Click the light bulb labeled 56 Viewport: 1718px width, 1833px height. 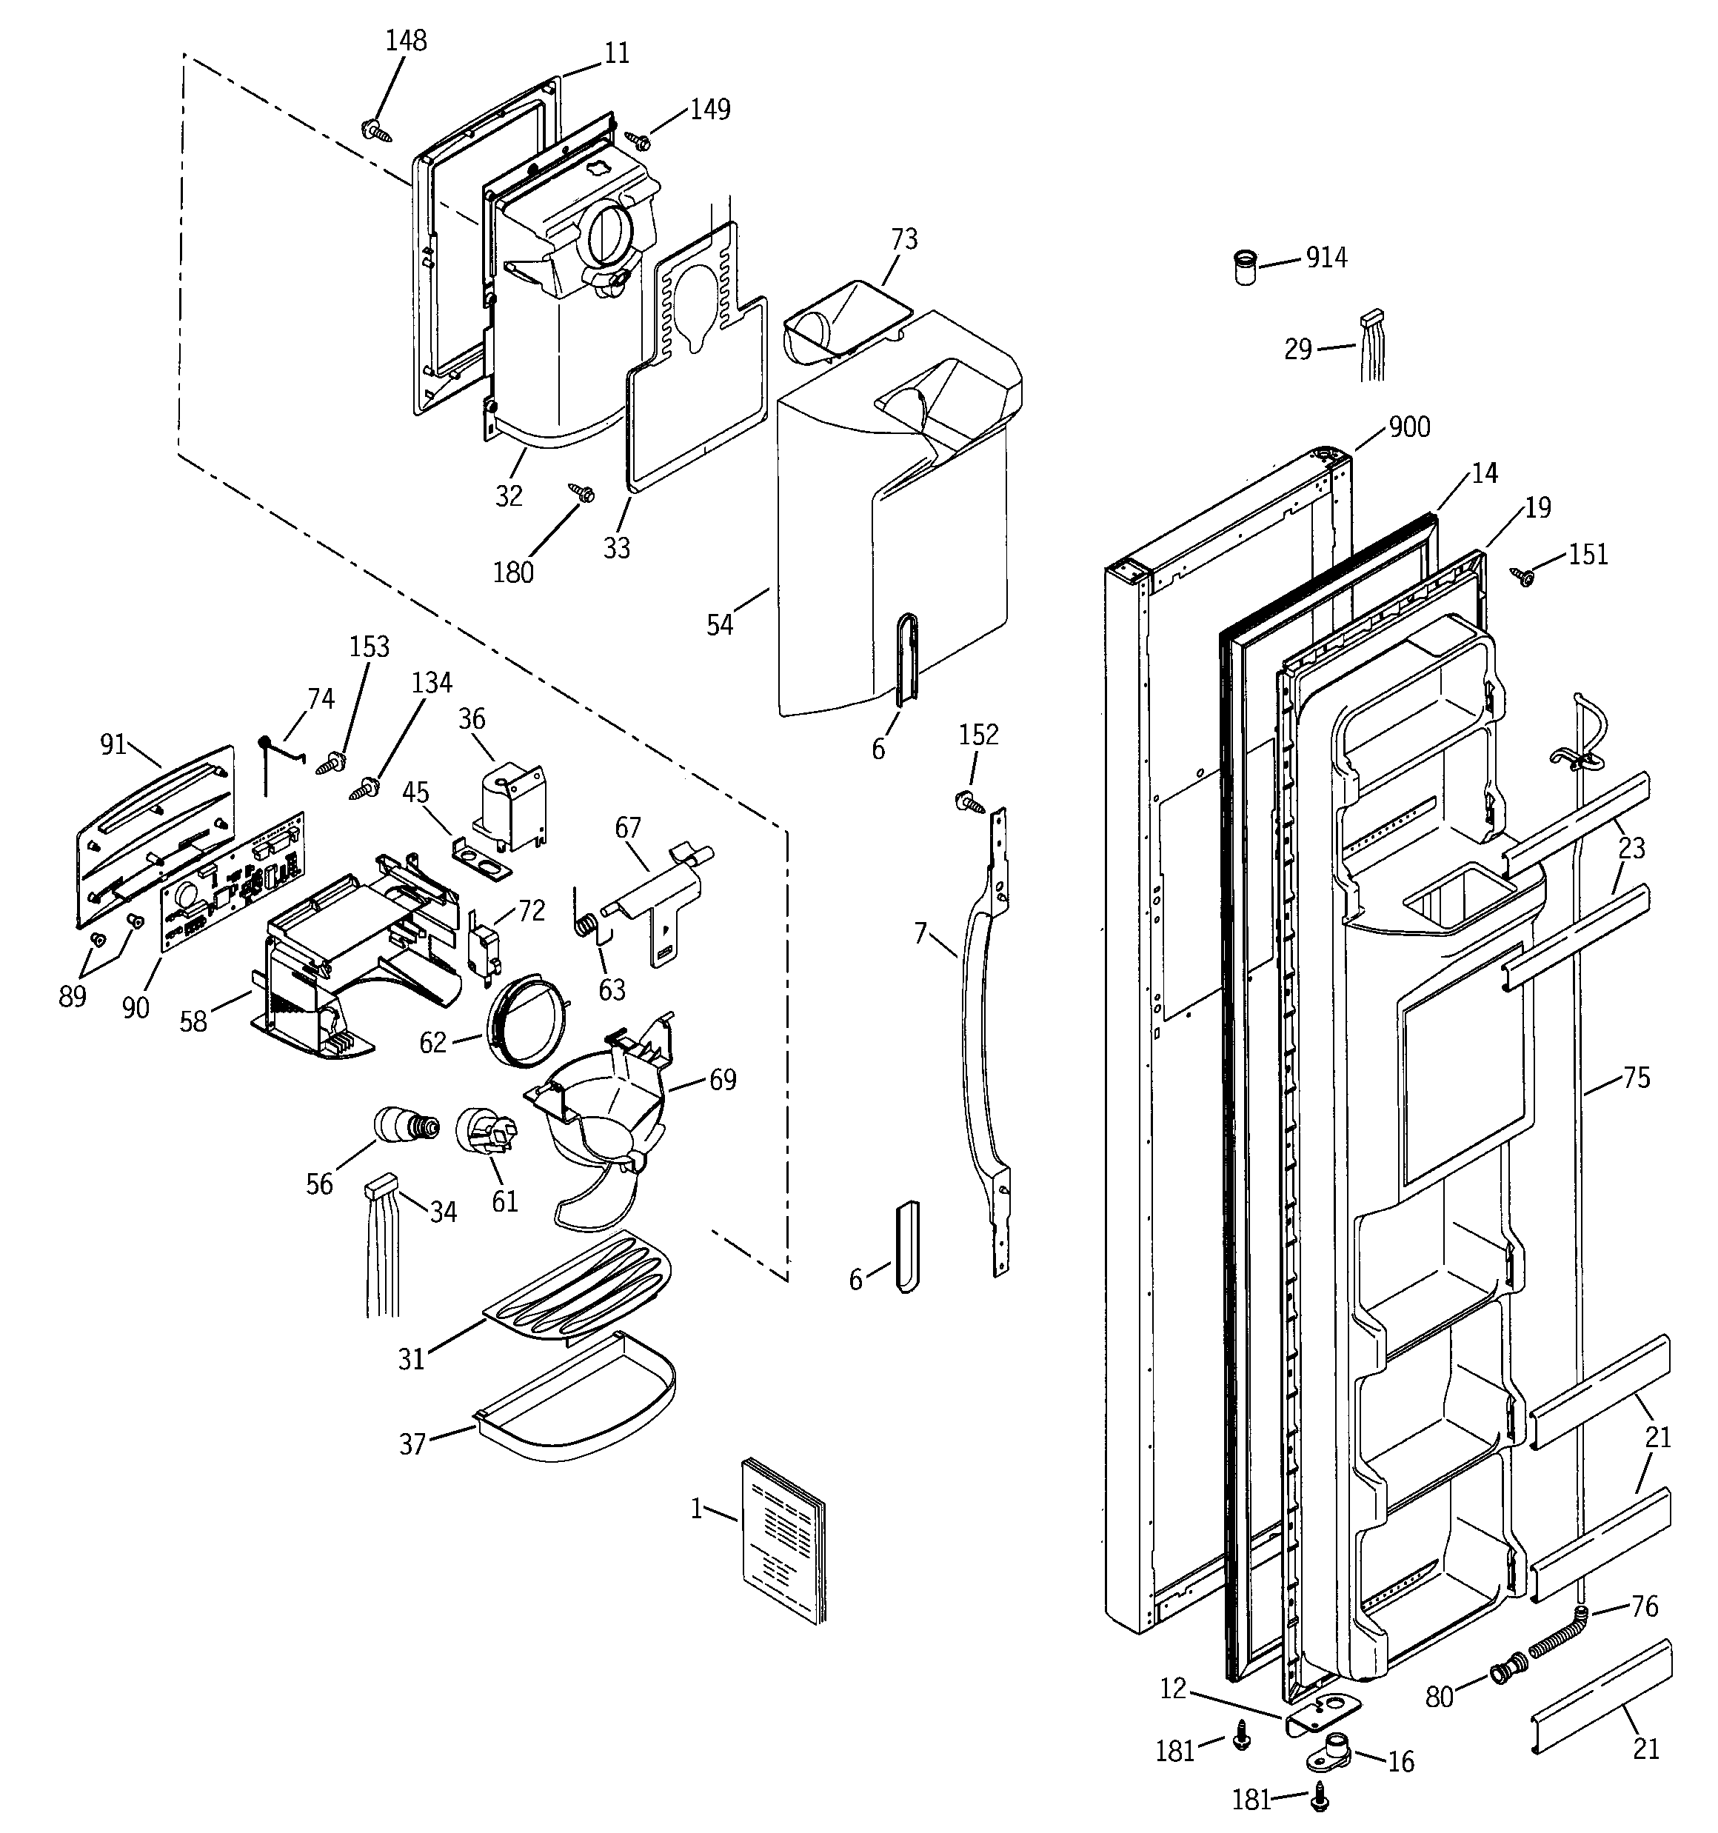[x=404, y=1125]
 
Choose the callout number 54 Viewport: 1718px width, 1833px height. [x=719, y=625]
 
